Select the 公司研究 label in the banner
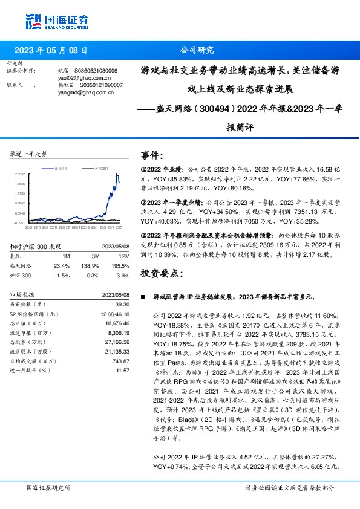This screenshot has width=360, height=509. coord(197,50)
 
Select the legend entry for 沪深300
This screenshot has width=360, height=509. coord(100,169)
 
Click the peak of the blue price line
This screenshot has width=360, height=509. coord(116,173)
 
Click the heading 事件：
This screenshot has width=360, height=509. coord(152,157)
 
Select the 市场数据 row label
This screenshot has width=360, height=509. coord(24,294)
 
